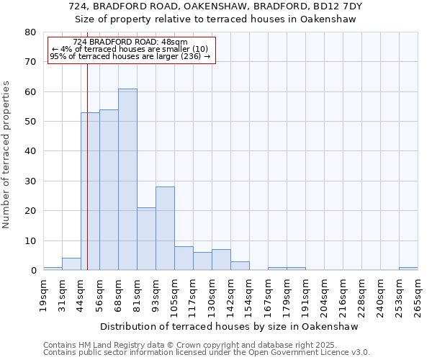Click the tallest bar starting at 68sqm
coord(127,180)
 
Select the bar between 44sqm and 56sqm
coord(90,192)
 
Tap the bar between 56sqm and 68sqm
coord(109,190)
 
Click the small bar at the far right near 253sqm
coord(408,269)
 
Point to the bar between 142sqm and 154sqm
coord(240,266)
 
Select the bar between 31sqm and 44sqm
coord(71,264)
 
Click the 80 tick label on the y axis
coord(30,32)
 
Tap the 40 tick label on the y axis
coord(30,151)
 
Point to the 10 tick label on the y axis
coord(30,240)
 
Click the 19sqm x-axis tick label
coord(43,296)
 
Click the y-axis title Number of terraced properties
coord(7,154)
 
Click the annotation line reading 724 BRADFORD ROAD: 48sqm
coord(130,42)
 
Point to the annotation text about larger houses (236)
coord(130,56)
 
